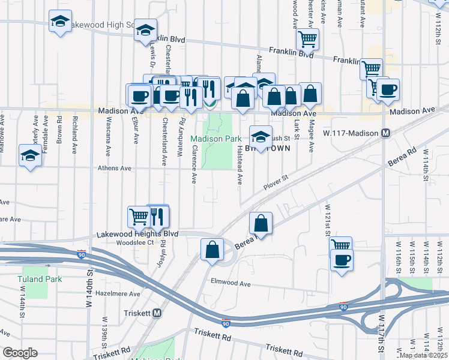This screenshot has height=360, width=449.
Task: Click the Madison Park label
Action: pos(216,139)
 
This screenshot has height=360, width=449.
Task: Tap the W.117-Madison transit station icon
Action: pos(387,133)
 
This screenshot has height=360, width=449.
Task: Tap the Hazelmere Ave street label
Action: pos(118,294)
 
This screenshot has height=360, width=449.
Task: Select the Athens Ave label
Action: pos(115,169)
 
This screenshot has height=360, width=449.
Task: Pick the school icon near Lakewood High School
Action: pos(59,22)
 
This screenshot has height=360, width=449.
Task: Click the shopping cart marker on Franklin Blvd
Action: pos(307,40)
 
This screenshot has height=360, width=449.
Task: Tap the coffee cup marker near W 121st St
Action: pos(342,260)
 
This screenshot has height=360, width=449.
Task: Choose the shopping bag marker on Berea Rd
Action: pos(261,223)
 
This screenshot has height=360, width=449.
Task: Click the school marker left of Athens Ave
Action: pos(30,155)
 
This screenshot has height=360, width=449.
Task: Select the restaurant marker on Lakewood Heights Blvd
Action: pos(157,215)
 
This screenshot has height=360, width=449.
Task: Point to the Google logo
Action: pos(19,353)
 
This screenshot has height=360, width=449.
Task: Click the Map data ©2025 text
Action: pos(423,355)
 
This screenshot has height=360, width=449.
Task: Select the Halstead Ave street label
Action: pos(239,164)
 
